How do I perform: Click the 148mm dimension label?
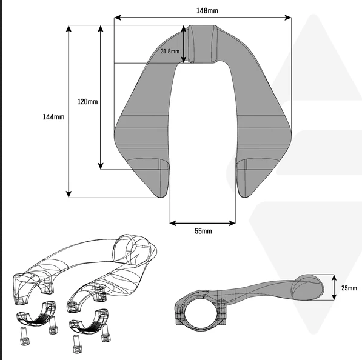[x=207, y=11]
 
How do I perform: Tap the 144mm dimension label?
[x=53, y=117]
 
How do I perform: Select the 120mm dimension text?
[x=87, y=102]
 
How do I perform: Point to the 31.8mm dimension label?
[x=170, y=51]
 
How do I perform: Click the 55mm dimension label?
[x=203, y=231]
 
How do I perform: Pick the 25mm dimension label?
[x=349, y=288]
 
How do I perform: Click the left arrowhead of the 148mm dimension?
[x=118, y=18]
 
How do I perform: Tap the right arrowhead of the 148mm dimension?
[x=288, y=18]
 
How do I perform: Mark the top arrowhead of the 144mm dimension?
[x=69, y=28]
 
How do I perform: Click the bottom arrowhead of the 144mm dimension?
[x=69, y=195]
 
